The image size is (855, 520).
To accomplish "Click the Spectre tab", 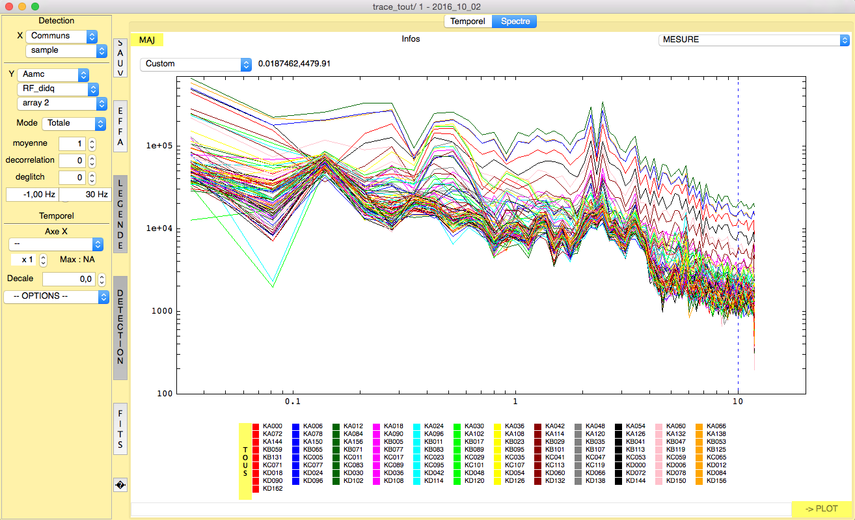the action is click(x=515, y=21).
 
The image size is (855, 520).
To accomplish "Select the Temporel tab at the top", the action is click(x=468, y=21).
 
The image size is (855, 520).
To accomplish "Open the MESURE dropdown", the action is click(x=753, y=40).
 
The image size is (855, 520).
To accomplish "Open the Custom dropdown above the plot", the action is click(x=196, y=64).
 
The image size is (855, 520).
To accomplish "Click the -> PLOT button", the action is click(x=821, y=508).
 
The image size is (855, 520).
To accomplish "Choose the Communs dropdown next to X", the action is click(x=61, y=36).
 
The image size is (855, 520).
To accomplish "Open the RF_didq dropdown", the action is click(x=58, y=89).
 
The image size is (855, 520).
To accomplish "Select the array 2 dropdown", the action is click(x=61, y=103).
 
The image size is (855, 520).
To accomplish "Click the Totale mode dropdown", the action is click(x=74, y=123).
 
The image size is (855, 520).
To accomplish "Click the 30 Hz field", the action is click(x=85, y=195).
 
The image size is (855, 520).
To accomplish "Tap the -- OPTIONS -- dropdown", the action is click(x=57, y=296).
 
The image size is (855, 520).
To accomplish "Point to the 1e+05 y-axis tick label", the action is click(x=159, y=146).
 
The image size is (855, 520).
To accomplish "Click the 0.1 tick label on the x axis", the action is click(x=293, y=402).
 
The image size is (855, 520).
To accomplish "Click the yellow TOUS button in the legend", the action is click(x=245, y=461).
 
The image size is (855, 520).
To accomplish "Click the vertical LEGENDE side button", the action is click(x=120, y=214).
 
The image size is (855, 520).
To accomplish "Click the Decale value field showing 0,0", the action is click(x=69, y=279).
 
